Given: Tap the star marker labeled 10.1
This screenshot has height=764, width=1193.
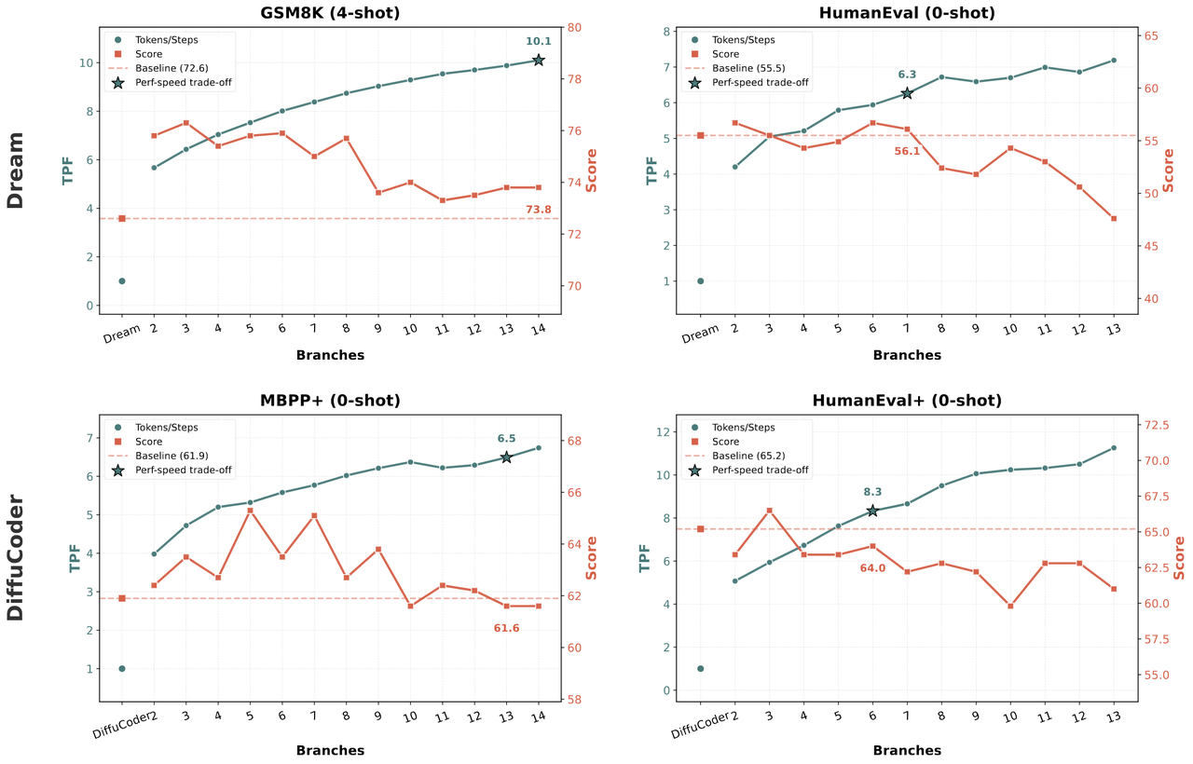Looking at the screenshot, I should pyautogui.click(x=539, y=60).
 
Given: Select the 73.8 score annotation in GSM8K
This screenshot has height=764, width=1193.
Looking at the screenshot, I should pyautogui.click(x=539, y=210).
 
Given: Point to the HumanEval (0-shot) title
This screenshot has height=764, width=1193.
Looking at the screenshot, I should pyautogui.click(x=907, y=13).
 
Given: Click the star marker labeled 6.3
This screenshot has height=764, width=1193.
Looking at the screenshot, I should pyautogui.click(x=907, y=93).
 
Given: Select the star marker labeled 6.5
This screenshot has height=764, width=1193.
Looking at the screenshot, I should pyautogui.click(x=506, y=457).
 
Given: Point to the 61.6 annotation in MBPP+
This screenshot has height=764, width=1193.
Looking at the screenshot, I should pyautogui.click(x=506, y=628).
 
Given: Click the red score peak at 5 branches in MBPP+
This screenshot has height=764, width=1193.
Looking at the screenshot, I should pyautogui.click(x=250, y=511).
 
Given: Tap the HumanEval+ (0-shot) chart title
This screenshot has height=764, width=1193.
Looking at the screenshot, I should pyautogui.click(x=907, y=401).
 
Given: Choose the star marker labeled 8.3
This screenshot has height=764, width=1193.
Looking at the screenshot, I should pyautogui.click(x=872, y=511).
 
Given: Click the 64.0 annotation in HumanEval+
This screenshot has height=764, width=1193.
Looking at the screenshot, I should pyautogui.click(x=872, y=567).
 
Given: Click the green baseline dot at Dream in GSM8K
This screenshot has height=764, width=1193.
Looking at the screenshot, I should pyautogui.click(x=122, y=280).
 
